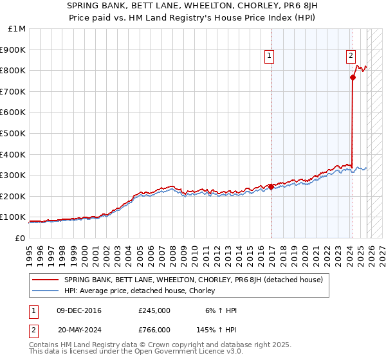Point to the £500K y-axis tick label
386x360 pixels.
tap(14, 133)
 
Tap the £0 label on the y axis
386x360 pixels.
tap(21, 238)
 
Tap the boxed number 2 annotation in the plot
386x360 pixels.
tap(351, 56)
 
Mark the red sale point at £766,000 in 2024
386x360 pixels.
tap(353, 77)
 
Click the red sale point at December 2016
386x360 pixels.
tap(271, 186)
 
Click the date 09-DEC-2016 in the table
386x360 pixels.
tap(80, 310)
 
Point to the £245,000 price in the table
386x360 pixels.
tap(154, 310)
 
